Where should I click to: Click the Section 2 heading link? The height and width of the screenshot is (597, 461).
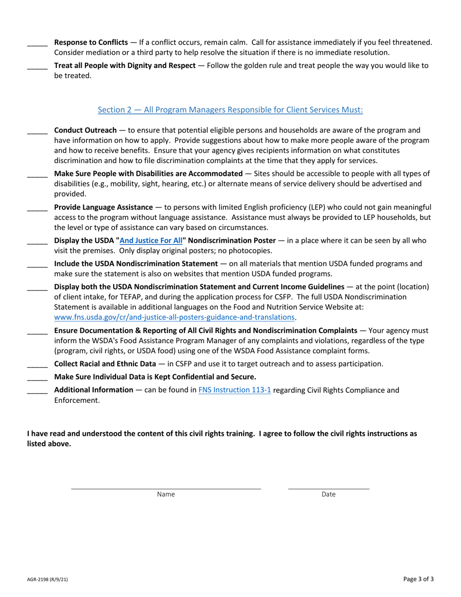(x=230, y=110)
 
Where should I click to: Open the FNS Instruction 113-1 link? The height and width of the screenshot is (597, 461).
(x=234, y=389)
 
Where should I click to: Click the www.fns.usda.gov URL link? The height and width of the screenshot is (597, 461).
(x=174, y=317)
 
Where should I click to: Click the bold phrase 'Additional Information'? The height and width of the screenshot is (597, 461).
(x=93, y=389)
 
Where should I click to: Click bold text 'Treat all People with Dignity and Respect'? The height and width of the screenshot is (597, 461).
(x=125, y=65)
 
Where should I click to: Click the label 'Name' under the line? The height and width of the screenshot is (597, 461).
(x=166, y=495)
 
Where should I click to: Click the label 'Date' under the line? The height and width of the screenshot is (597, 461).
(x=329, y=495)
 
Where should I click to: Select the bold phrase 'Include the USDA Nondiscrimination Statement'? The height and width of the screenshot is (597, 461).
(x=135, y=264)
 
